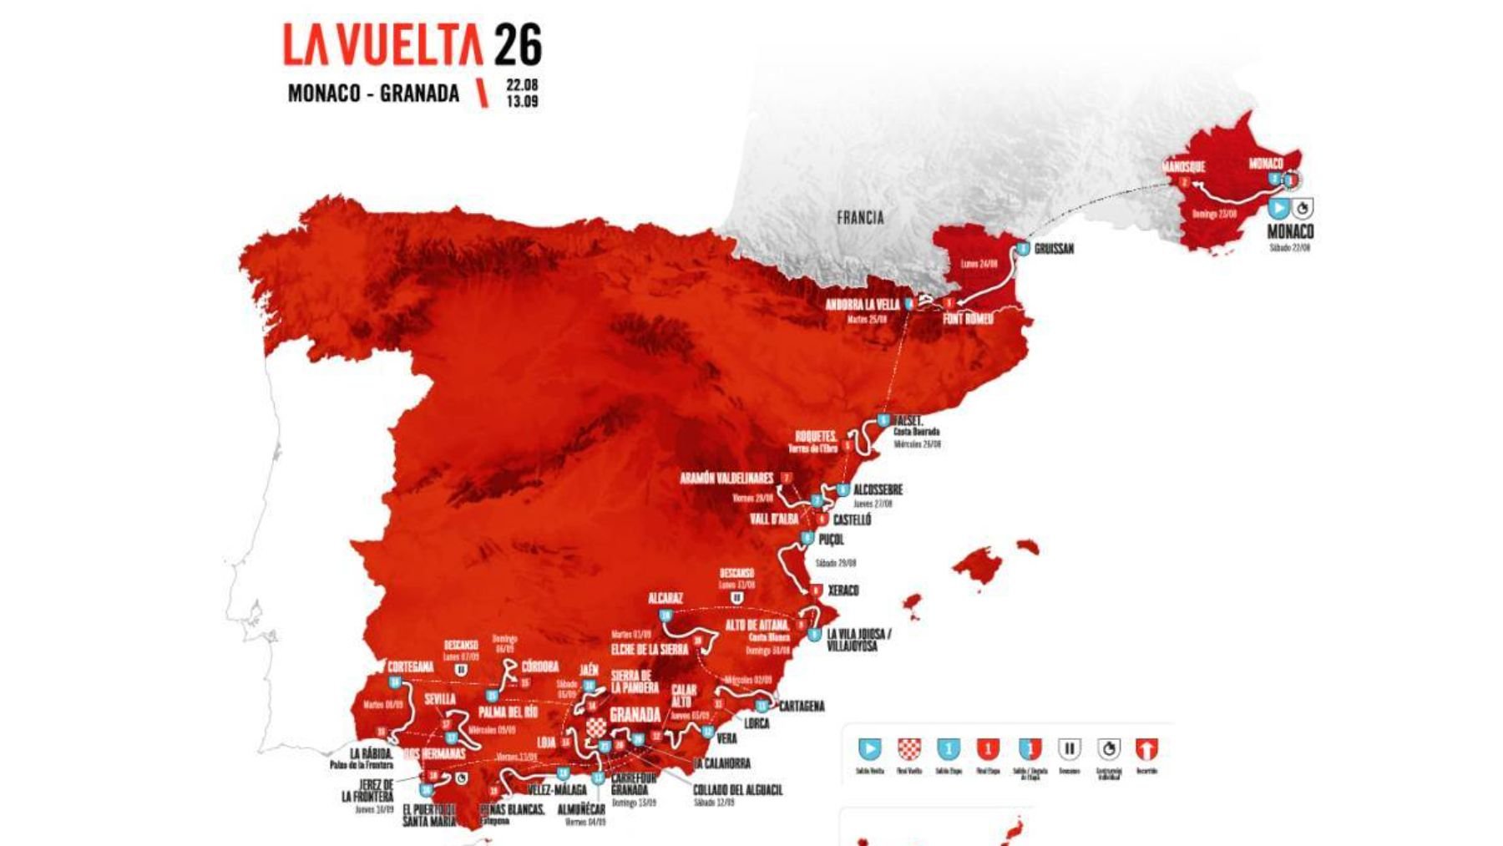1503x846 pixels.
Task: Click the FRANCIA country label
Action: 860,218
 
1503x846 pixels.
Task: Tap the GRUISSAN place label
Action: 1054,249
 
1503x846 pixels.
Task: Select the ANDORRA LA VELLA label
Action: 863,305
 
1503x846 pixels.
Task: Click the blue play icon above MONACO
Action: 1278,207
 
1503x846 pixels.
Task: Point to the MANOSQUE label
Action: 1183,167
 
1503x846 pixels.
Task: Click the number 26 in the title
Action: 518,45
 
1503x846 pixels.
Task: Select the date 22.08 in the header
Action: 522,85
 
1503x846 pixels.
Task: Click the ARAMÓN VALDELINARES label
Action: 726,479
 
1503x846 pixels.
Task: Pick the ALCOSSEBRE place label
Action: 878,489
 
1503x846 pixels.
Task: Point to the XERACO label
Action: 843,590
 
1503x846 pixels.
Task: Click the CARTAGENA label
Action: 802,707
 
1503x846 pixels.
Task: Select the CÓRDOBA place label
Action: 539,666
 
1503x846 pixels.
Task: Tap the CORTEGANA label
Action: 410,666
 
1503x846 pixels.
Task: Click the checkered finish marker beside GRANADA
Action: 596,727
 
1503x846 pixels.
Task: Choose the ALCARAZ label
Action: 665,598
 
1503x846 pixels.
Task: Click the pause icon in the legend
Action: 1069,748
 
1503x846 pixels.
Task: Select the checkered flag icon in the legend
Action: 908,748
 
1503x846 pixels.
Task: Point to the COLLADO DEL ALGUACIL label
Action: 737,790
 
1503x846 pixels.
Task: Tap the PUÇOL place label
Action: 831,540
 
